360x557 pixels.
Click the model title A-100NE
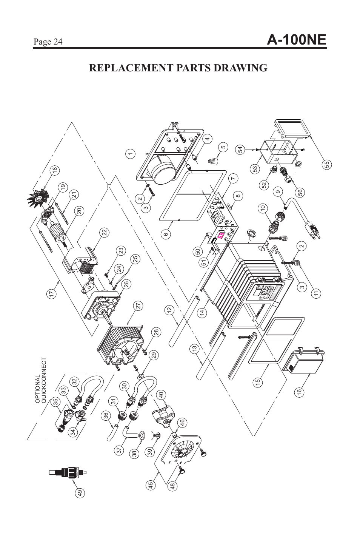296,40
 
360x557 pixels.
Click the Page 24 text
48,42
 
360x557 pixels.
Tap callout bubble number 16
300,392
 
